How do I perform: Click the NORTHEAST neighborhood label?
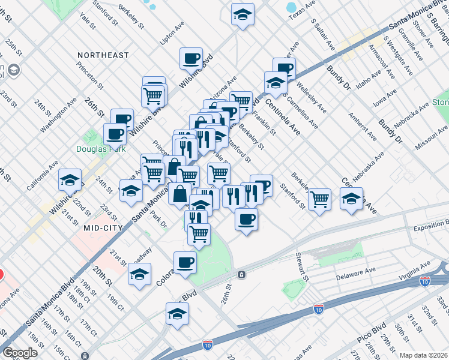click(x=103, y=55)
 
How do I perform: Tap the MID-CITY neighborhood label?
click(x=103, y=228)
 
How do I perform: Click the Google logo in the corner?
click(x=20, y=353)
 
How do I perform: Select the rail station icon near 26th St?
click(x=241, y=274)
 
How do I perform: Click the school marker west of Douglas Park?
click(x=70, y=180)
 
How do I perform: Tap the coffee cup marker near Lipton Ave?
click(x=191, y=59)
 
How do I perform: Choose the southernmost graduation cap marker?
click(x=177, y=313)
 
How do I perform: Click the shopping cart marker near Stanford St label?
click(x=319, y=198)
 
